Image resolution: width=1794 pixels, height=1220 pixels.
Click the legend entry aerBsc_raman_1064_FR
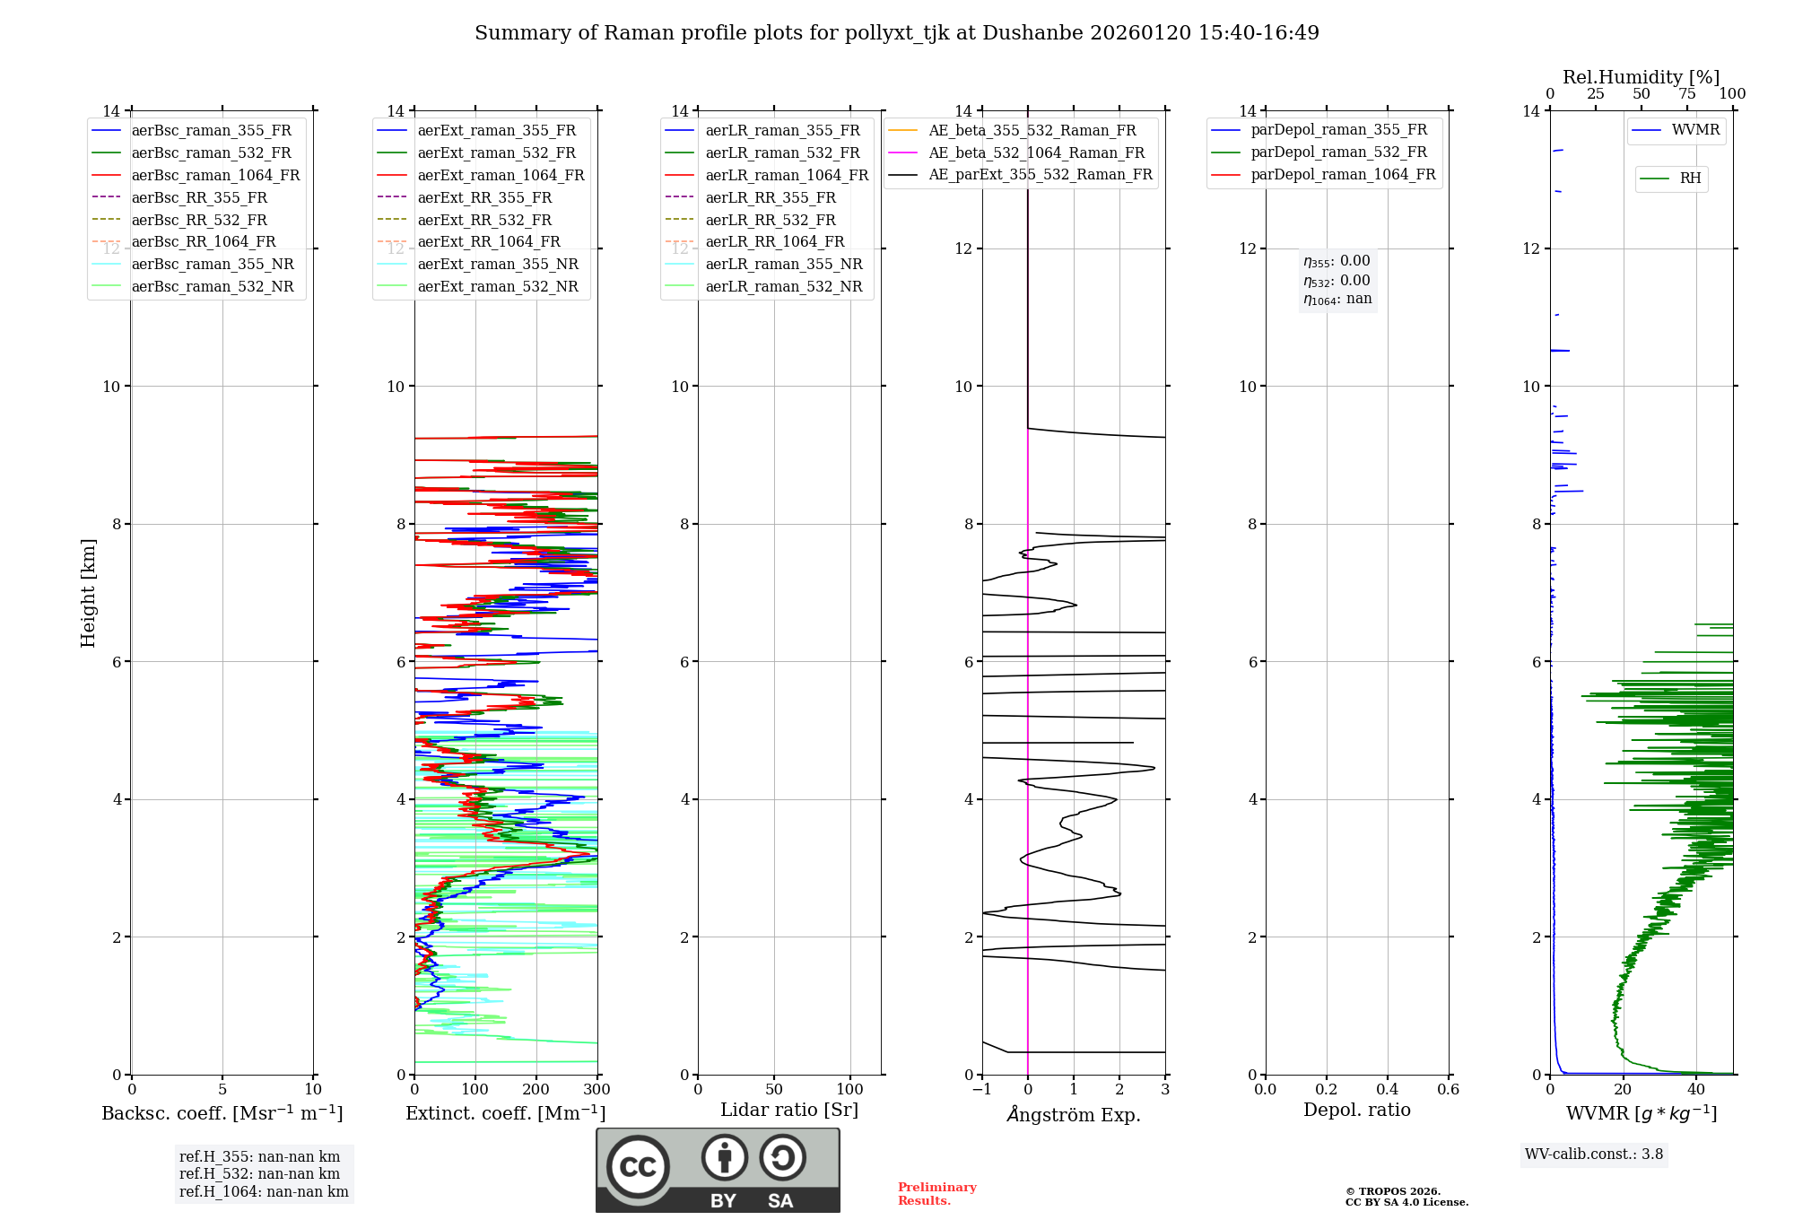215,176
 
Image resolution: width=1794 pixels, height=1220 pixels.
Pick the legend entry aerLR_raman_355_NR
783,265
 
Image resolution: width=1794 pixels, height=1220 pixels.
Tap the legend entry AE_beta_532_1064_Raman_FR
1036,153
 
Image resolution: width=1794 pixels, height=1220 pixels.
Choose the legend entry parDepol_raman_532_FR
1338,152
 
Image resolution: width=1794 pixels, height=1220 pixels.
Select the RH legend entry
1690,179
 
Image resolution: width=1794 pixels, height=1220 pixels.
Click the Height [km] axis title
88,593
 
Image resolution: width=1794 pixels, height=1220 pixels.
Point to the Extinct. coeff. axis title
506,1113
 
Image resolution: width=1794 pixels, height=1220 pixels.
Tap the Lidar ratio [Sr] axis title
789,1111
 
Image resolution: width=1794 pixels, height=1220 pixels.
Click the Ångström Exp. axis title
1074,1115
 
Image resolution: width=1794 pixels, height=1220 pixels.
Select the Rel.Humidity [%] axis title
1641,77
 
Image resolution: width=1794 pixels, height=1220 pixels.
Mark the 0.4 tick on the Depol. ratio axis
1387,1090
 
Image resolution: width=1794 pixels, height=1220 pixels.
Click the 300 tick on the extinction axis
597,1090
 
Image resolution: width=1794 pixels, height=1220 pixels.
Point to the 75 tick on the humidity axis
1686,94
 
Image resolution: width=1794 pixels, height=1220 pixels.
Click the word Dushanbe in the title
1032,33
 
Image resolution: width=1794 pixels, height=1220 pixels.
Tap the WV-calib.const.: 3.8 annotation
1594,1155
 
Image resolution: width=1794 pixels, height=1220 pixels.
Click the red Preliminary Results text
936,1194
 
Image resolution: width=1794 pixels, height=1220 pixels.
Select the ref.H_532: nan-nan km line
259,1174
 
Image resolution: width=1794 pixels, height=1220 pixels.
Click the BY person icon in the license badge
725,1158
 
